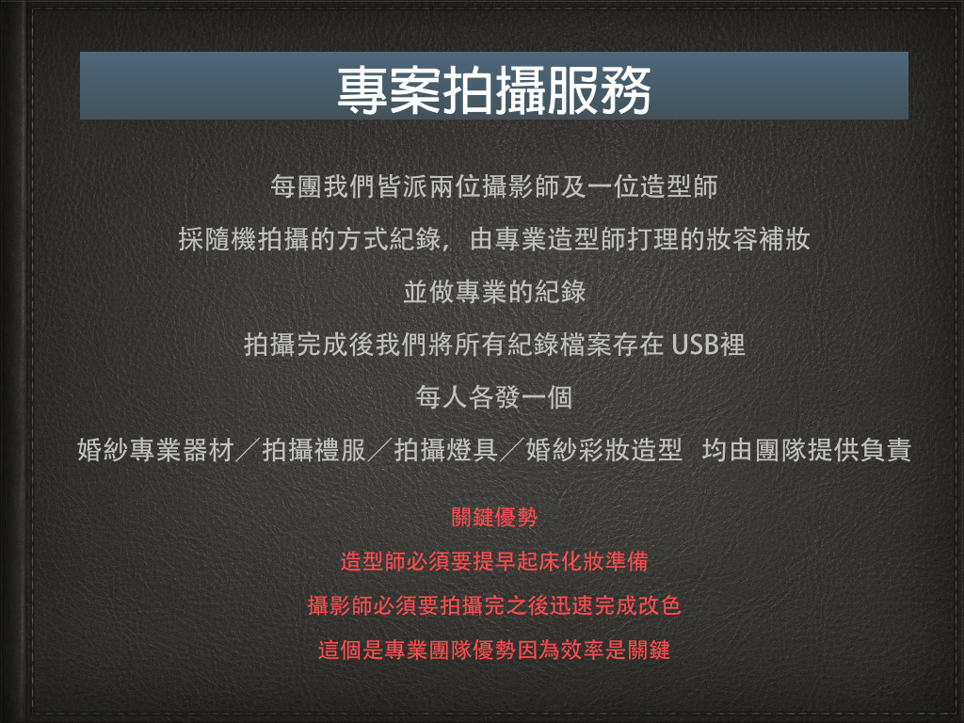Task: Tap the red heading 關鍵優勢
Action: pyautogui.click(x=494, y=517)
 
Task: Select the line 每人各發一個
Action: pyautogui.click(x=494, y=398)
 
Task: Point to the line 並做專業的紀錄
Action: pyautogui.click(x=494, y=292)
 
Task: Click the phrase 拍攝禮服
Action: pyautogui.click(x=314, y=450)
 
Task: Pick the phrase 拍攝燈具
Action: pyautogui.click(x=445, y=450)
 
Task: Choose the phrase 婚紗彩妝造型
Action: pyautogui.click(x=603, y=450)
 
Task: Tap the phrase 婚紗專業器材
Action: pyautogui.click(x=155, y=450)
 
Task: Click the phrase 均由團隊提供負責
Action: pyautogui.click(x=807, y=450)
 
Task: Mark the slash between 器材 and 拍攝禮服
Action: pyautogui.click(x=249, y=450)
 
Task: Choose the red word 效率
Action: pyautogui.click(x=582, y=650)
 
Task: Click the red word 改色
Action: pyautogui.click(x=660, y=605)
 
